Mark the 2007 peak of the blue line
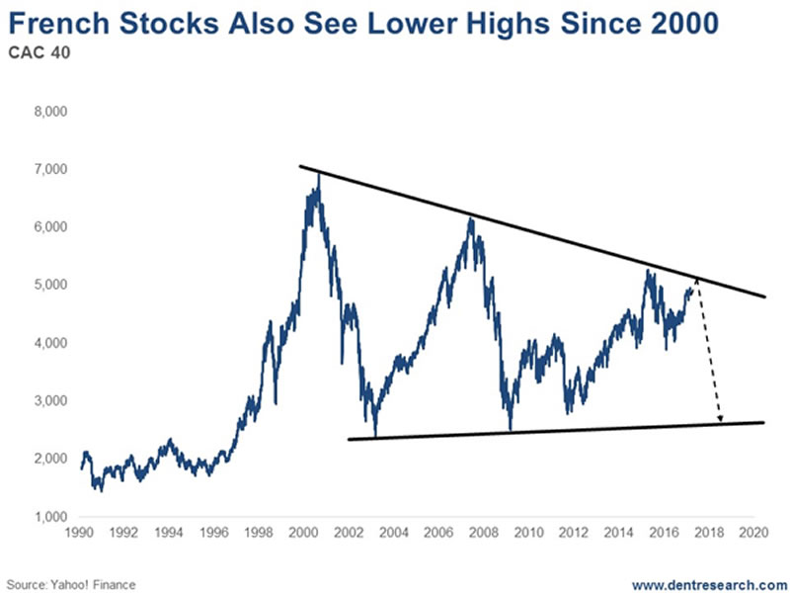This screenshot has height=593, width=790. [x=471, y=217]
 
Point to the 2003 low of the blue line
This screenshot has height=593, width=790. [x=375, y=436]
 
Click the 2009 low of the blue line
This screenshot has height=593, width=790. [x=510, y=429]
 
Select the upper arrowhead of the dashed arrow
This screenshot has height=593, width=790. [x=697, y=281]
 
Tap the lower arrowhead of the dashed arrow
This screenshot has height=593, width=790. [x=720, y=419]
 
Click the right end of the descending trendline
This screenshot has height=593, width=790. [x=765, y=296]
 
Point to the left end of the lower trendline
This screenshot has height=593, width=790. [x=350, y=439]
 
